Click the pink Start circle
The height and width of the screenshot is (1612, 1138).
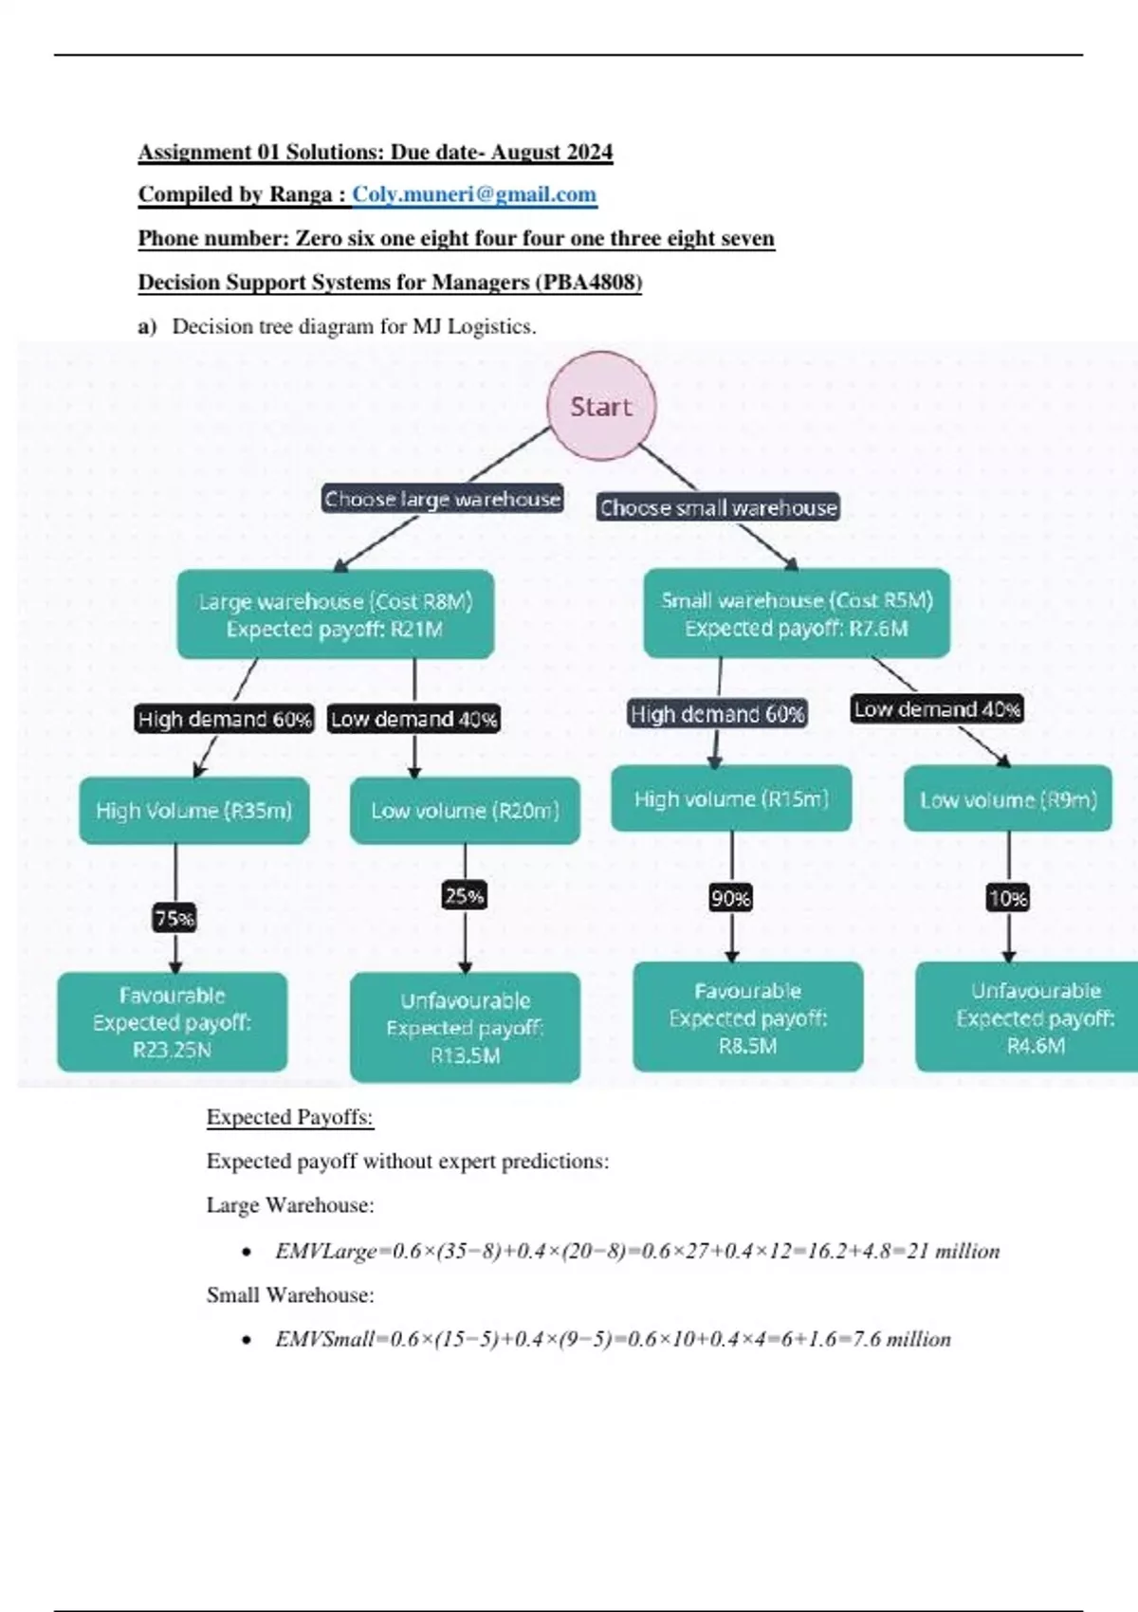(602, 407)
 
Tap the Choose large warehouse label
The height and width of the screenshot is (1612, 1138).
(442, 499)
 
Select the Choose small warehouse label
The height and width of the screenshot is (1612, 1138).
(718, 507)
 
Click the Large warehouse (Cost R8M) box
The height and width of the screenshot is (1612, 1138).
(336, 614)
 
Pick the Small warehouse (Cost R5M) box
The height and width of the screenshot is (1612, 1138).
(797, 614)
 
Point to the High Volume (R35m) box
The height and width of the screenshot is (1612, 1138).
(194, 811)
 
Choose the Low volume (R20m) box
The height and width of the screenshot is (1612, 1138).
(465, 811)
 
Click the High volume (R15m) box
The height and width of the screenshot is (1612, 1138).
(731, 799)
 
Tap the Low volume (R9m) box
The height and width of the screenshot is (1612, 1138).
(1008, 799)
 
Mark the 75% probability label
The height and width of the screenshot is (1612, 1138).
(174, 918)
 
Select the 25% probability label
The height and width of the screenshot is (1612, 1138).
(465, 896)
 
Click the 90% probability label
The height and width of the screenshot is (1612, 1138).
(731, 898)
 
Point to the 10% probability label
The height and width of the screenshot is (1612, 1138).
(1008, 898)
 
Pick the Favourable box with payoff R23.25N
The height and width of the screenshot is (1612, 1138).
(173, 1022)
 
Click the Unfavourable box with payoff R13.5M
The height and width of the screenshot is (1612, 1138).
(465, 1028)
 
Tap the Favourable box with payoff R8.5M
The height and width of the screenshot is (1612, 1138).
(748, 1017)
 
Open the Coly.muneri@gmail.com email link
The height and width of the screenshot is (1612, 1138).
(474, 194)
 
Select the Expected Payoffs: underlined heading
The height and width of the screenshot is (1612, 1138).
(290, 1117)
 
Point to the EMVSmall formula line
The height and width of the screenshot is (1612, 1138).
(613, 1339)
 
